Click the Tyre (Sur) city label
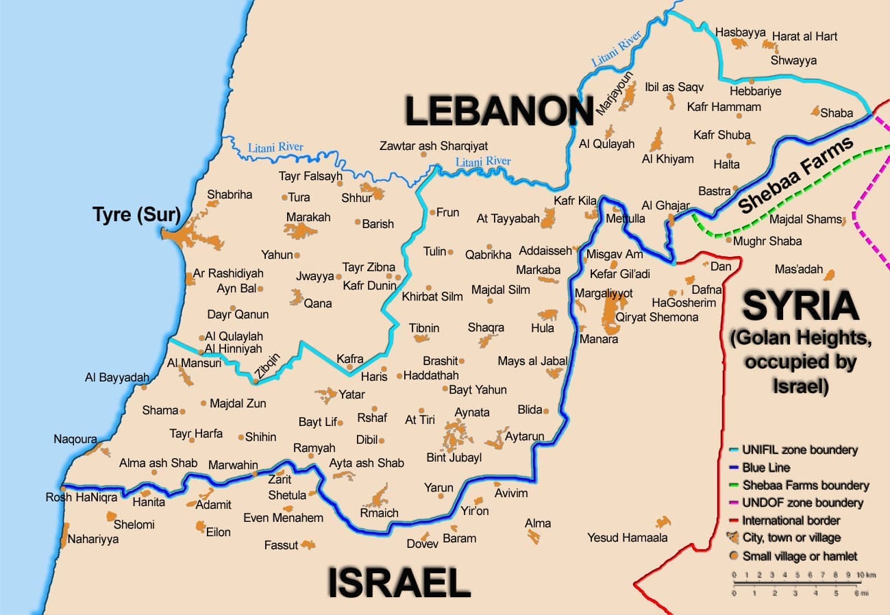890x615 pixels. (136, 216)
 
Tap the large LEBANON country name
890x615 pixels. (499, 112)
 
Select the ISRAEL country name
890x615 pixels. (399, 583)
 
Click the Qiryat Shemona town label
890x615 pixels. (656, 317)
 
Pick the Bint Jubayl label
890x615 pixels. (454, 457)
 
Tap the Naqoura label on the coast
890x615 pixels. (75, 439)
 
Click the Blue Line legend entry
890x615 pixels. (765, 468)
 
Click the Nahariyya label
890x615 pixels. (92, 539)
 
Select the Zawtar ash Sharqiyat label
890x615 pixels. (434, 146)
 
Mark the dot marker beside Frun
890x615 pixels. (432, 212)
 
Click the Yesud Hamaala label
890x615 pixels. (627, 538)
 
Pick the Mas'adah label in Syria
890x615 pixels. (798, 269)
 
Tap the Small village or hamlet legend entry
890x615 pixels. (800, 556)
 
